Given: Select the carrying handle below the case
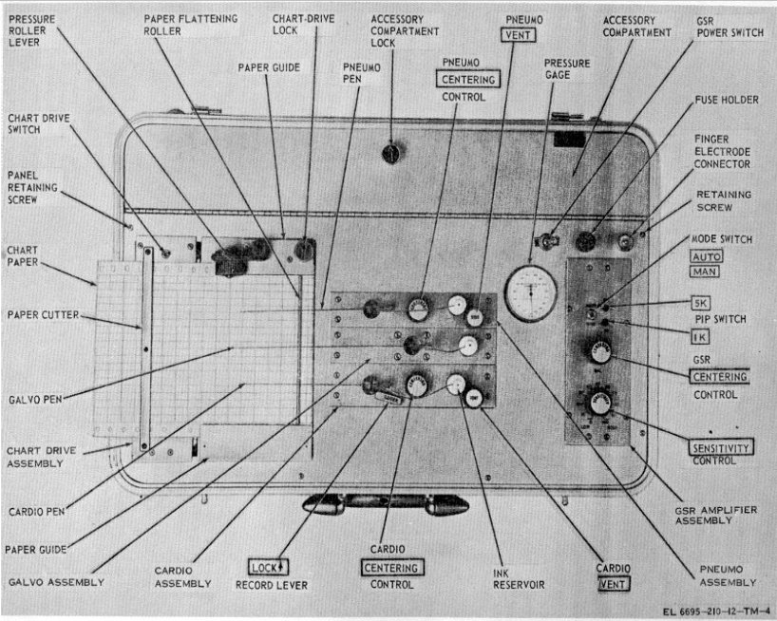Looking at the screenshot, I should click(x=385, y=503).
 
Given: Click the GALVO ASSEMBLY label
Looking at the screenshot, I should click(x=56, y=581).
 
